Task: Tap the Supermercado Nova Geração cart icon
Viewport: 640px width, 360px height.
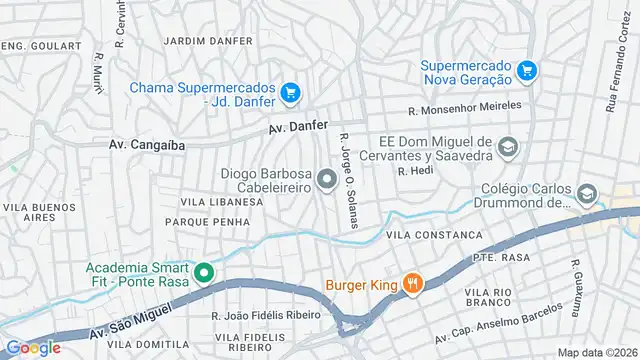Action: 527,70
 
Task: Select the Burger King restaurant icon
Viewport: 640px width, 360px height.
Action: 412,284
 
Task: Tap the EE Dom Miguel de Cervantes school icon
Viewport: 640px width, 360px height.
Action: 508,148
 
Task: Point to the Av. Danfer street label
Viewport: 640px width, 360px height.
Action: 298,128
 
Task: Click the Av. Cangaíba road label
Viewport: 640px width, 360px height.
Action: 147,145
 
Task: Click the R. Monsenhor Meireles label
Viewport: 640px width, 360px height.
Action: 464,106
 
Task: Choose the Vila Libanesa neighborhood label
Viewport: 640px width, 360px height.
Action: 221,202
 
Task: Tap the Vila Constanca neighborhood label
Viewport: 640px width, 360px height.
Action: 433,235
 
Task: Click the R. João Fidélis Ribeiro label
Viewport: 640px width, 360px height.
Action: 271,315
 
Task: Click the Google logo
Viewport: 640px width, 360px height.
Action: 33,347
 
